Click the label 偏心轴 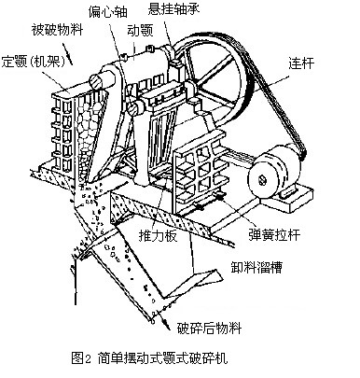tap(108, 11)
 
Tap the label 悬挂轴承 tap(173, 8)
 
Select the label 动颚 tap(140, 31)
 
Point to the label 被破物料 tap(57, 30)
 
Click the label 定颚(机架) tap(34, 62)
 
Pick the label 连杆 tap(301, 63)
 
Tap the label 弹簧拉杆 tap(274, 234)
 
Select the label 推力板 tap(158, 236)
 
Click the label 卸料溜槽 tap(256, 267)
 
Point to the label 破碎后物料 tap(210, 328)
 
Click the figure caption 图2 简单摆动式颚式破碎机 tap(149, 357)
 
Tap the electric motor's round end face tap(263, 180)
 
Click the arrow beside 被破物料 tap(67, 53)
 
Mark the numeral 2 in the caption tap(88, 358)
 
